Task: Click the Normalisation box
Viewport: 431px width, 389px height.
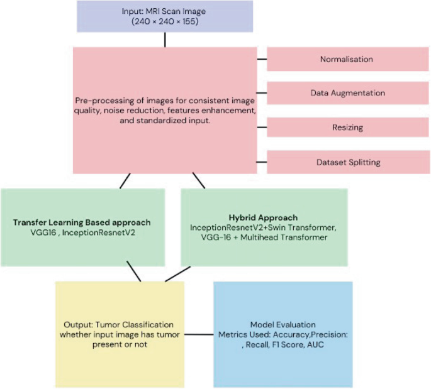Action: pyautogui.click(x=346, y=59)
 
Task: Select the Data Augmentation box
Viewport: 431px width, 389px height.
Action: pyautogui.click(x=346, y=93)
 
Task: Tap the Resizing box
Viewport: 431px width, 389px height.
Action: pyautogui.click(x=346, y=127)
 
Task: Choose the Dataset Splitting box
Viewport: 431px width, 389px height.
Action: pyautogui.click(x=346, y=162)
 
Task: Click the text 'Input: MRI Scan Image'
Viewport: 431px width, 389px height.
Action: pyautogui.click(x=165, y=11)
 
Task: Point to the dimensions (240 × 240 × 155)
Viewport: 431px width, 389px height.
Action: pyautogui.click(x=165, y=21)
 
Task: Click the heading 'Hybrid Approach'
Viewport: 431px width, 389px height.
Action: pyautogui.click(x=264, y=217)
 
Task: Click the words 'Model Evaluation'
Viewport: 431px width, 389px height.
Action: pyautogui.click(x=283, y=324)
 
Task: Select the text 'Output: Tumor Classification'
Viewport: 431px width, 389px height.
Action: pyautogui.click(x=120, y=324)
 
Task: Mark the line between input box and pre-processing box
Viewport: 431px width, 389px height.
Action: pyautogui.click(x=165, y=40)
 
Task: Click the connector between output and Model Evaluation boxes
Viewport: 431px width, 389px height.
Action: pyautogui.click(x=199, y=334)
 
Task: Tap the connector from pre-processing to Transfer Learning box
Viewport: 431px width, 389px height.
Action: pyautogui.click(x=125, y=181)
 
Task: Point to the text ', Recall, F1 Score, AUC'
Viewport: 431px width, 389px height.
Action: pyautogui.click(x=283, y=344)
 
